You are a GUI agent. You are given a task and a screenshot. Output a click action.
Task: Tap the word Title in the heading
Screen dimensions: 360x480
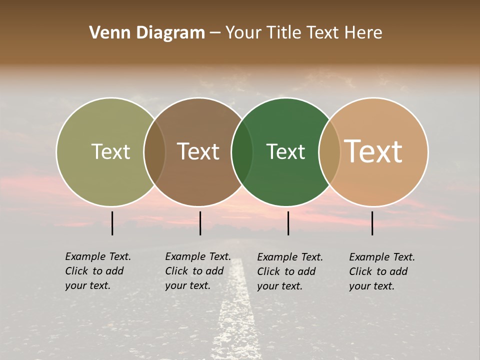click(x=284, y=33)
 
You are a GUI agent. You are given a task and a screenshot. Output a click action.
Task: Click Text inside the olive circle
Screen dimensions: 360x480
click(x=110, y=151)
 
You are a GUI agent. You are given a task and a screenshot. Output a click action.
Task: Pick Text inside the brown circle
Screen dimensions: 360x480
click(x=198, y=151)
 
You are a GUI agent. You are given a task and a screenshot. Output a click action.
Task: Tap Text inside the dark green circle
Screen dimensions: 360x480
click(x=285, y=151)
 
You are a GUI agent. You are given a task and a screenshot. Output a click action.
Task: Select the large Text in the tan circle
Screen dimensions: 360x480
click(x=373, y=151)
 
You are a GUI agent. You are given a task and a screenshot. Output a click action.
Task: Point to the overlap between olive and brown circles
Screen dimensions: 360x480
click(x=154, y=151)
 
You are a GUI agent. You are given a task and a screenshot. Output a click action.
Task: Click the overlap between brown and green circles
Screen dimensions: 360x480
click(x=242, y=151)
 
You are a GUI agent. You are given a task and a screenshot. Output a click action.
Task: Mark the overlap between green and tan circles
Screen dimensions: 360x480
click(x=329, y=151)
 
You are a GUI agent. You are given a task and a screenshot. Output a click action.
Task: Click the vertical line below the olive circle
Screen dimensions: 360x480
click(x=112, y=223)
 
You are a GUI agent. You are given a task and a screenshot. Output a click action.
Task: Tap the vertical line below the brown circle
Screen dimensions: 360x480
click(x=200, y=223)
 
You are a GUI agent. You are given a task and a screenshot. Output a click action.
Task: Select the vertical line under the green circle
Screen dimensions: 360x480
click(x=288, y=223)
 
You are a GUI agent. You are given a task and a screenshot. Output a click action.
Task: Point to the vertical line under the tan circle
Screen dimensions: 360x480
click(x=372, y=223)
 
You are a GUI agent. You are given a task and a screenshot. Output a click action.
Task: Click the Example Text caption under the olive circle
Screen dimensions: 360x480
click(x=97, y=271)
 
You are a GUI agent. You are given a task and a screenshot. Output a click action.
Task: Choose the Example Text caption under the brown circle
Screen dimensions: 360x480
click(x=197, y=271)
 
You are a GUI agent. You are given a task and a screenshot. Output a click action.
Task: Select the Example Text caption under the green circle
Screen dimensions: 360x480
click(x=289, y=271)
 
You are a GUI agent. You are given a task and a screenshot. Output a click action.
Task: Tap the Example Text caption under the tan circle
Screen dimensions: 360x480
click(x=381, y=271)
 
